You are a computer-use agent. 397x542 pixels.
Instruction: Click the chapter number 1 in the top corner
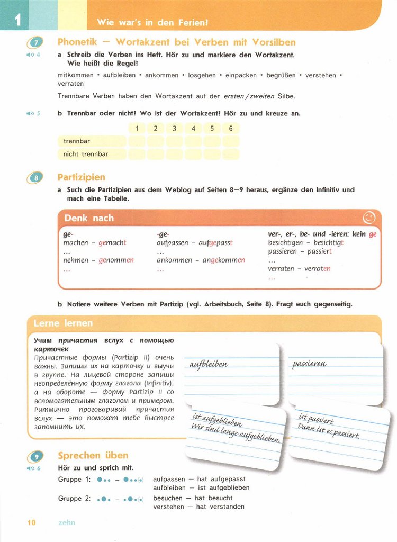(x=17, y=20)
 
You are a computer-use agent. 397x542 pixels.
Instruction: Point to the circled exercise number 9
(x=35, y=456)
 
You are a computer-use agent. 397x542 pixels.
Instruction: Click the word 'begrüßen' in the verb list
(x=281, y=76)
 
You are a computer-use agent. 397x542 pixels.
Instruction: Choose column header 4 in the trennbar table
(x=193, y=128)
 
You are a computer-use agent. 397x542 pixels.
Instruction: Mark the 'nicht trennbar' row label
(x=85, y=154)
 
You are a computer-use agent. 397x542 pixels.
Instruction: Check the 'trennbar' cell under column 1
(x=137, y=141)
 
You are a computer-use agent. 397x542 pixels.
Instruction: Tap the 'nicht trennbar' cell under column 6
(x=231, y=154)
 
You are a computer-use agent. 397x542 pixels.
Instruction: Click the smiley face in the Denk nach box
(x=368, y=218)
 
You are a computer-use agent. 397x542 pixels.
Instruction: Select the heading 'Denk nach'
(x=89, y=218)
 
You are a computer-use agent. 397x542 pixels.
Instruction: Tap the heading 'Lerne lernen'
(x=63, y=323)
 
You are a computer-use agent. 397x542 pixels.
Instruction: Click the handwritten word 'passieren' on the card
(x=310, y=364)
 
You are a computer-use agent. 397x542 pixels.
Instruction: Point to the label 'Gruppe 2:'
(x=74, y=499)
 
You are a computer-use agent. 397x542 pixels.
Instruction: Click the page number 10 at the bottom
(x=31, y=522)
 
